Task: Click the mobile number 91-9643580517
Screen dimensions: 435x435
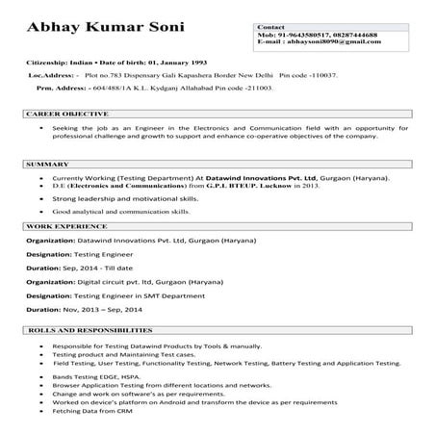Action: (300, 35)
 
